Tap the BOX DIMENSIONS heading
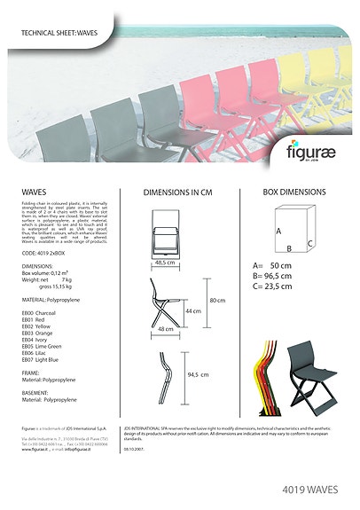coord(294,192)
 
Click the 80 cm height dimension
coord(217,300)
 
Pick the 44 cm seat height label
coord(192,311)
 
